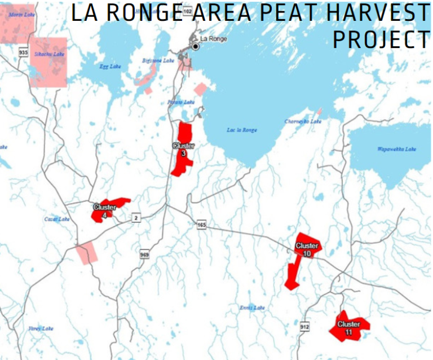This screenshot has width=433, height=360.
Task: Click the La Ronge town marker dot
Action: click(x=196, y=46)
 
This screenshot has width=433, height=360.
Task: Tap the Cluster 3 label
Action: click(x=183, y=149)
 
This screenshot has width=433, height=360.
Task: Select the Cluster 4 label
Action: click(x=104, y=210)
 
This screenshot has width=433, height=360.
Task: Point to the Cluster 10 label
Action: click(x=307, y=249)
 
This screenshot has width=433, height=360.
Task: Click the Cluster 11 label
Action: click(x=348, y=328)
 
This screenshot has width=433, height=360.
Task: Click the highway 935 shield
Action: click(x=23, y=52)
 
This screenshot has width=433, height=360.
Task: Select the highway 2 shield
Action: click(x=135, y=217)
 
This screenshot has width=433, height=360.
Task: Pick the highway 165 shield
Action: click(x=201, y=225)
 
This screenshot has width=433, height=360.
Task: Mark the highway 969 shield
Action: click(x=144, y=255)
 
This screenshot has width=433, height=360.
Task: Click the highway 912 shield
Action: click(x=304, y=326)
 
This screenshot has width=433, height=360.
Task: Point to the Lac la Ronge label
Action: click(x=242, y=130)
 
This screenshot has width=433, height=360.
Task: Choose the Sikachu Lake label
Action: click(x=48, y=54)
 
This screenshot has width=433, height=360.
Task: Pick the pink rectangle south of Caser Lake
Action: click(x=87, y=252)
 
